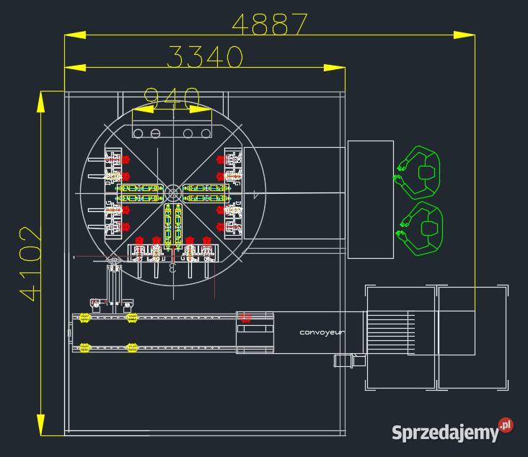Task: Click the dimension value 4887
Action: (x=270, y=24)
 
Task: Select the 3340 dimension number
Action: (x=204, y=57)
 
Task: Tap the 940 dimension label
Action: (x=172, y=97)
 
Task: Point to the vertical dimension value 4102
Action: (x=28, y=263)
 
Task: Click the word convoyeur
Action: (x=322, y=332)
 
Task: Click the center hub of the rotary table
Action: (x=173, y=192)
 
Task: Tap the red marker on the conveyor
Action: (x=245, y=317)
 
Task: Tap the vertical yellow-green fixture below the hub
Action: (x=173, y=226)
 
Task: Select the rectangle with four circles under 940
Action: (x=172, y=133)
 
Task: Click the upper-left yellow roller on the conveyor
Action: (x=84, y=317)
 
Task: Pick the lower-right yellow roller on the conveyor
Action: (x=131, y=348)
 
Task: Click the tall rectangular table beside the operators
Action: (x=371, y=200)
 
